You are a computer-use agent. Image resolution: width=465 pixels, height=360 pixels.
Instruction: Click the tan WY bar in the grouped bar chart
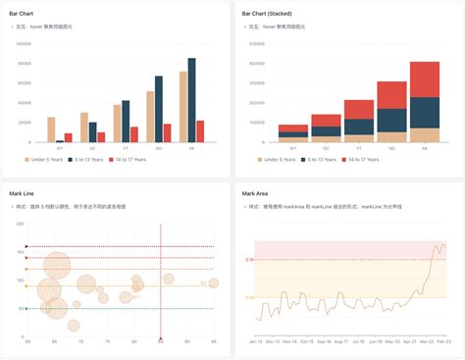pyautogui.click(x=51, y=129)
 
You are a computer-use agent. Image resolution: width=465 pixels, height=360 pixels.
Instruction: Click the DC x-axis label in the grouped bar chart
pyautogui.click(x=92, y=148)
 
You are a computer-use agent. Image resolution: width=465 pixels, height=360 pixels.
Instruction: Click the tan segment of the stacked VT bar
pyautogui.click(x=358, y=138)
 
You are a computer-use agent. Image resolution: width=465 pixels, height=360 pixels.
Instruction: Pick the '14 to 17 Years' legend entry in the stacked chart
pyautogui.click(x=364, y=159)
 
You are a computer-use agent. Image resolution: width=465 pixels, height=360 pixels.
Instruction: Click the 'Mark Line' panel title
pyautogui.click(x=23, y=193)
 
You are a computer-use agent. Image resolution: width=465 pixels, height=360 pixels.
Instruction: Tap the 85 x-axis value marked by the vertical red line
pyautogui.click(x=161, y=340)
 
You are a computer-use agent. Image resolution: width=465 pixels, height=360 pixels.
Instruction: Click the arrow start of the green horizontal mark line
pyautogui.click(x=26, y=308)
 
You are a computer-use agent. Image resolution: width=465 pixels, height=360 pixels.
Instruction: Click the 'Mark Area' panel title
pyautogui.click(x=254, y=193)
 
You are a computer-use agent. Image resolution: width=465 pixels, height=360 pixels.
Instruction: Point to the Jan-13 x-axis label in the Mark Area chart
pyautogui.click(x=255, y=341)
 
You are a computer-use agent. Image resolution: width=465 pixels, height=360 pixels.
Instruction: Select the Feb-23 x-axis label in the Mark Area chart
pyautogui.click(x=443, y=341)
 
